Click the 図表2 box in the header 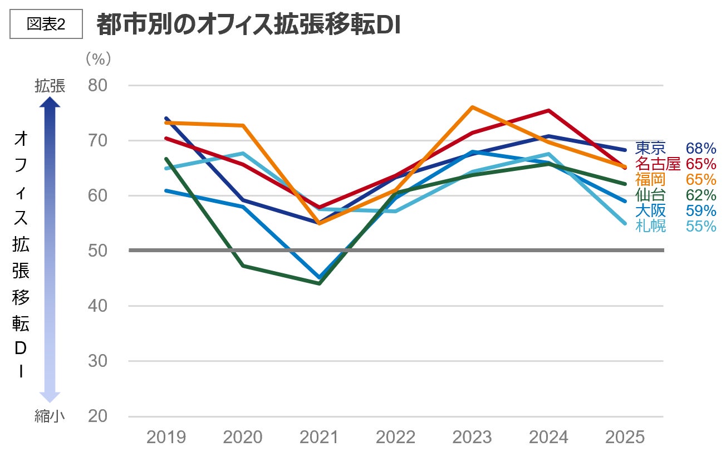click(x=46, y=24)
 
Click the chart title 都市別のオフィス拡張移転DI click(x=248, y=24)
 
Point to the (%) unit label click(x=98, y=58)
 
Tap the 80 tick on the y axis click(x=99, y=86)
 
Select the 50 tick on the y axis click(x=99, y=251)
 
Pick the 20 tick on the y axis click(x=99, y=416)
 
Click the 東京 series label click(x=650, y=148)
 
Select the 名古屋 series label click(x=658, y=164)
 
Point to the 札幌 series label click(x=650, y=227)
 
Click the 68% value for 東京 click(x=700, y=148)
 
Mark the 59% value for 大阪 click(x=700, y=211)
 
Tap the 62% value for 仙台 click(x=700, y=195)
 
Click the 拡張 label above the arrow click(x=50, y=86)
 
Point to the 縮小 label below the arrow click(x=50, y=416)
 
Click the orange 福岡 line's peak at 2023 click(x=472, y=107)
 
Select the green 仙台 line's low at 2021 click(x=319, y=283)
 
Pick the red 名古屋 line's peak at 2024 click(x=549, y=111)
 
